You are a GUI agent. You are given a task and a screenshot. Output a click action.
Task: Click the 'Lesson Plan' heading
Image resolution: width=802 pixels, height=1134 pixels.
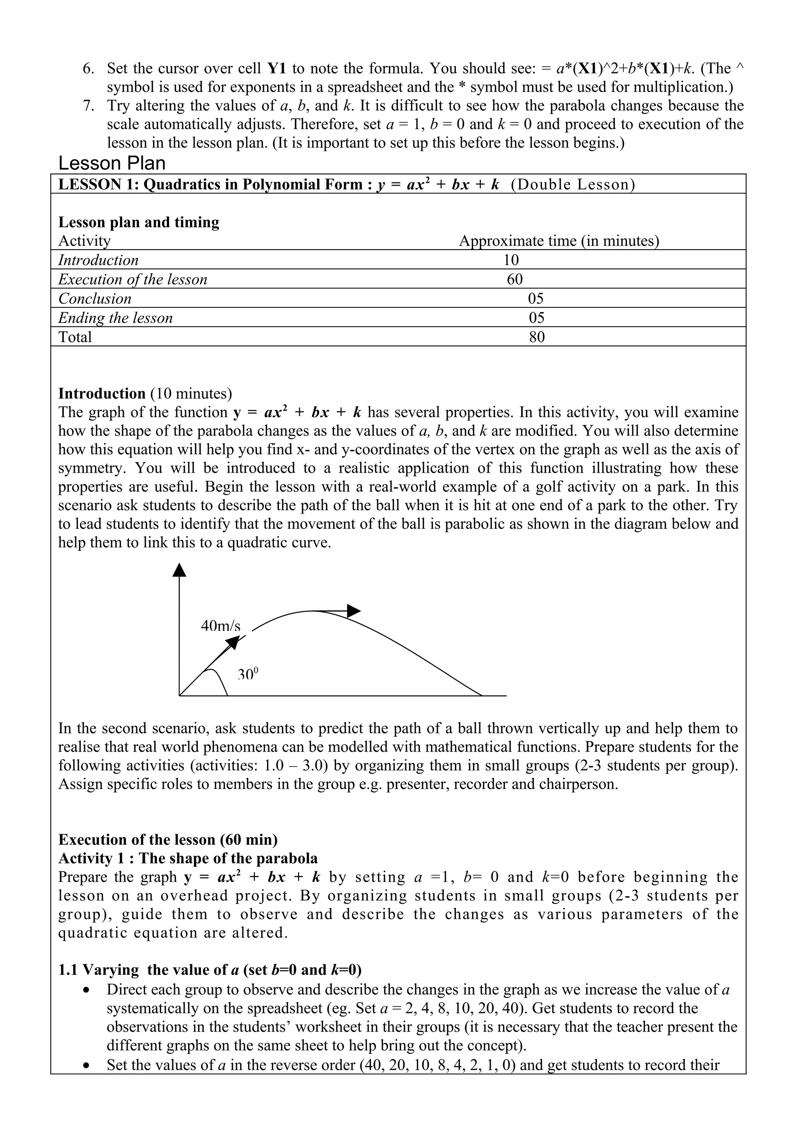112,163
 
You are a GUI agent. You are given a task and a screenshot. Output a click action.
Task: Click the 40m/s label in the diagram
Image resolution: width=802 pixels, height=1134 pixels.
220,626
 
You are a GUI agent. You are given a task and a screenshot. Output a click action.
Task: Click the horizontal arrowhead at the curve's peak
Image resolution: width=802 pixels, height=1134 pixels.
354,611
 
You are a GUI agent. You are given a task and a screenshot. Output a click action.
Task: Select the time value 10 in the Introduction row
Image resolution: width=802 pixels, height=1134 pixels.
511,260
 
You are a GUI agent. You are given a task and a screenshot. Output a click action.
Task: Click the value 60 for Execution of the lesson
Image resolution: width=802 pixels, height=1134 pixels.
515,279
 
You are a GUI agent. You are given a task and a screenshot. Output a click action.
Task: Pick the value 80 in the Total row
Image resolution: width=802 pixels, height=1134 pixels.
536,337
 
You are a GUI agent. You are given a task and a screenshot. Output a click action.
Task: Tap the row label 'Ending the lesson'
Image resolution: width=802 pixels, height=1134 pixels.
116,318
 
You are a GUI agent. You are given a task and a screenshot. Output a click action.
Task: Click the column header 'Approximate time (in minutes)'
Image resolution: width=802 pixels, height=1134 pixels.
559,241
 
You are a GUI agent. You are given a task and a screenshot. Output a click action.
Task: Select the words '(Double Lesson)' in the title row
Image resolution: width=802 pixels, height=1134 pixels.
573,184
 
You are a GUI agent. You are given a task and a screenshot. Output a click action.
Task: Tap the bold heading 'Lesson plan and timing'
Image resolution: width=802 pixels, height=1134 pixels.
139,222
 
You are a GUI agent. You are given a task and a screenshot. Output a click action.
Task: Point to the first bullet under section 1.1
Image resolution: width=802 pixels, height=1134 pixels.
88,989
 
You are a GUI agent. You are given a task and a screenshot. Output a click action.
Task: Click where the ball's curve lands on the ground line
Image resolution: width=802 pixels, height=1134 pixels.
481,695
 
